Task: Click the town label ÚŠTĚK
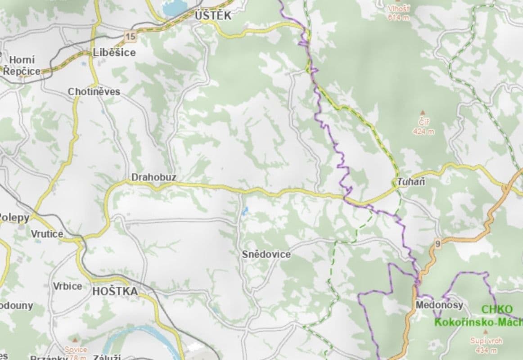(213, 16)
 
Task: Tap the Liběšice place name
(114, 53)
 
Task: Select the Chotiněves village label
(94, 92)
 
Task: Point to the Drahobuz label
(153, 178)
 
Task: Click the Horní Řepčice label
(21, 66)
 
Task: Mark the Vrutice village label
(47, 234)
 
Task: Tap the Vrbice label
(67, 286)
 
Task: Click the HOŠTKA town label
(115, 292)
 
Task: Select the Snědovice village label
(266, 255)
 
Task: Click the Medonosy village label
(439, 305)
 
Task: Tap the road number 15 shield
(131, 36)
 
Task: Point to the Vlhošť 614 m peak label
(398, 13)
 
